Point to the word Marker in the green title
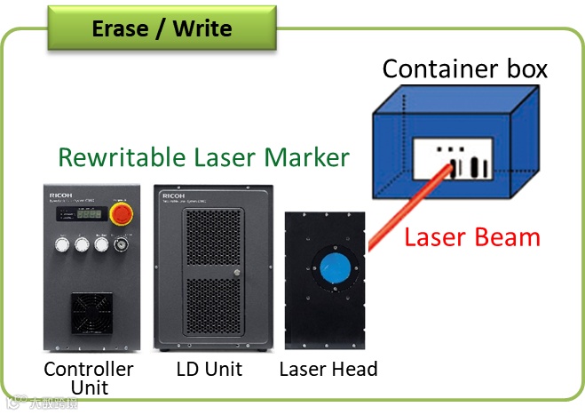[305, 157]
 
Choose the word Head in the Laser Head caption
[354, 368]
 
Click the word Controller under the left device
[89, 368]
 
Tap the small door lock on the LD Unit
[235, 272]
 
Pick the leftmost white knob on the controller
[61, 242]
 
